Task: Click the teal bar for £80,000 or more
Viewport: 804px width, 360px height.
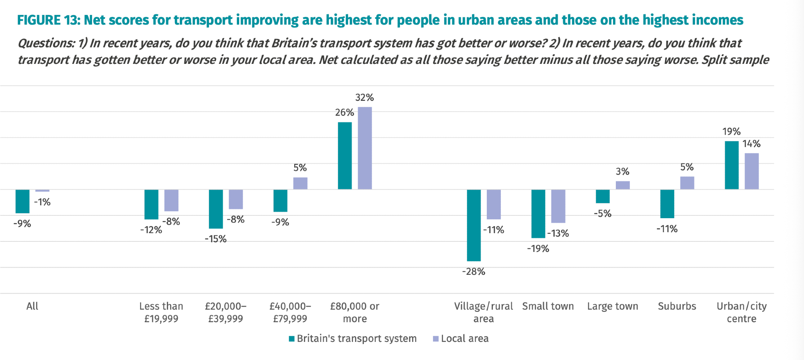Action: tap(345, 155)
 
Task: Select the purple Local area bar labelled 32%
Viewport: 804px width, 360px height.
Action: tap(365, 148)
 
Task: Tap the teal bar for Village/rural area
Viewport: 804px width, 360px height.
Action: tap(474, 225)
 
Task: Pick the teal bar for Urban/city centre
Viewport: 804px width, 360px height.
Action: tap(731, 165)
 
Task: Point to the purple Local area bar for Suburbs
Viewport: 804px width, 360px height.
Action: tap(687, 183)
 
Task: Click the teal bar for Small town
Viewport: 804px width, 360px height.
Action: tap(538, 213)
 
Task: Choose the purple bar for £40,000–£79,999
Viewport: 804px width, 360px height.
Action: tap(300, 183)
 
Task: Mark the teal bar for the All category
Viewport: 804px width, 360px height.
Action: tap(23, 201)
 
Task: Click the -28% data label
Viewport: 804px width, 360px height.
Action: tap(474, 272)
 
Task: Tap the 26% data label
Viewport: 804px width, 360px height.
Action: tap(345, 112)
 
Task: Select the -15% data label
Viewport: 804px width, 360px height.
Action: tap(216, 239)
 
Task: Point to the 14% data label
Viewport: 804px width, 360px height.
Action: tap(751, 144)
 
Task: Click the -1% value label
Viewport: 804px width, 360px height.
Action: tap(42, 202)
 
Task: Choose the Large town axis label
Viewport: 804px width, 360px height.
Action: tap(612, 306)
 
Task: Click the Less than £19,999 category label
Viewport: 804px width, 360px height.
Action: tap(161, 312)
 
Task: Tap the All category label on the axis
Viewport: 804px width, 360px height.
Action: tap(32, 306)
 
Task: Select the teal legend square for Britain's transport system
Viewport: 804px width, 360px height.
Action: tap(292, 339)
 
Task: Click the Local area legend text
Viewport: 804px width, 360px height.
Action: tap(465, 339)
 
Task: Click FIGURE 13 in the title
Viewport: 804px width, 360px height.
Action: tap(48, 20)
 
